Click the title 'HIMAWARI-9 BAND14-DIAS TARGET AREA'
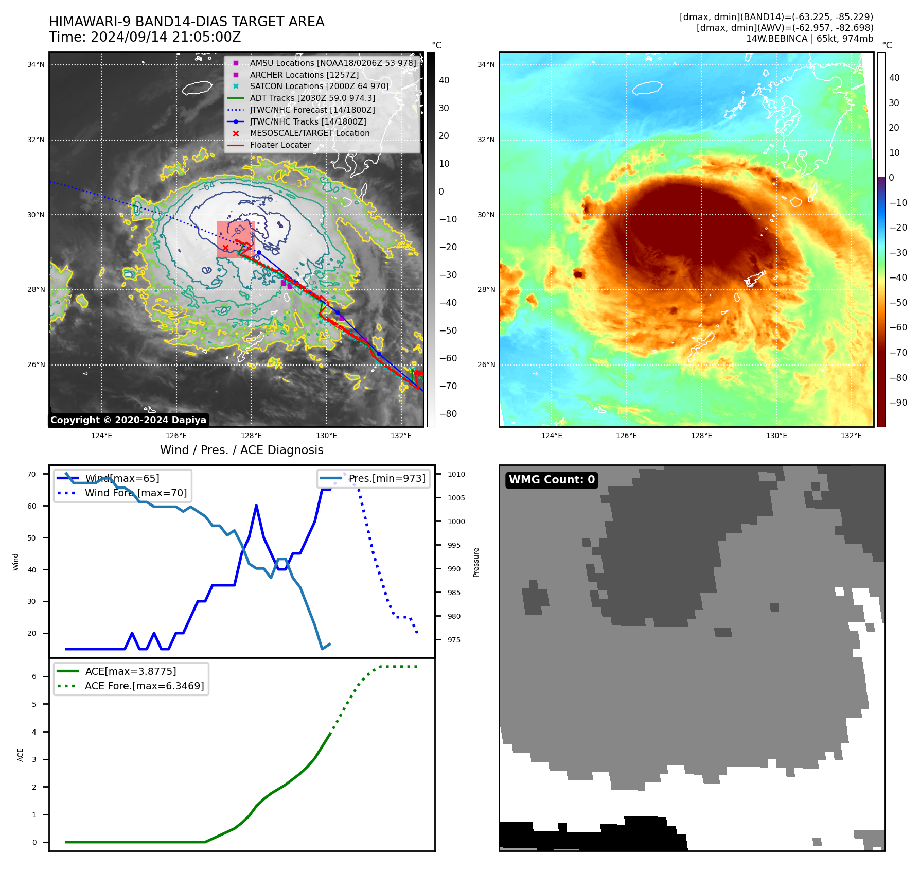point(186,22)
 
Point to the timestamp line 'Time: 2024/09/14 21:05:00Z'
point(145,37)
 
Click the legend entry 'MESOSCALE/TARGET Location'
point(309,133)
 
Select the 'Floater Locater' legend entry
point(280,145)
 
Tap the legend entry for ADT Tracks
point(312,98)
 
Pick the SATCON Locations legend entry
point(319,86)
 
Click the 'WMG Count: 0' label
point(552,480)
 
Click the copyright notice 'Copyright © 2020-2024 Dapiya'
point(128,420)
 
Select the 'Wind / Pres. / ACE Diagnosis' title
point(242,450)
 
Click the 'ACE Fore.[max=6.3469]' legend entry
point(144,686)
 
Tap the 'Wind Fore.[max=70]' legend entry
point(136,493)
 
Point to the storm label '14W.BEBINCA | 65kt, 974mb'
point(809,39)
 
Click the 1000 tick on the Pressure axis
point(456,521)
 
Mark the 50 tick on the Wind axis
point(32,538)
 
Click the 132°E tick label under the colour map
point(851,436)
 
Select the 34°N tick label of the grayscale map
point(36,65)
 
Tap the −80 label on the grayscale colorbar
point(448,414)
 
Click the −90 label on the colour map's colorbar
point(898,403)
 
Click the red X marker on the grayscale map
point(225,248)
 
